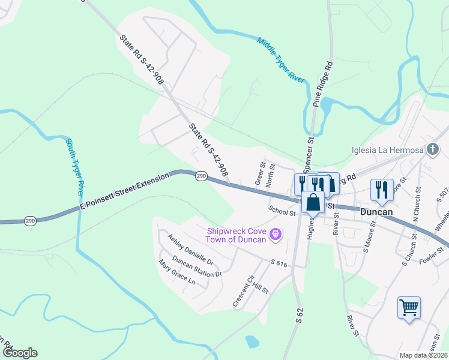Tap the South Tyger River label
(x=74, y=167)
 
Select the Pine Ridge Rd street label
(x=322, y=84)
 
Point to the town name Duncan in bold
(x=376, y=212)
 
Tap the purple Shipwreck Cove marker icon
(x=276, y=234)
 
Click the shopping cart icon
(x=409, y=308)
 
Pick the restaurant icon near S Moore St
(x=382, y=190)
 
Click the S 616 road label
(x=280, y=263)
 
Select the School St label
(x=283, y=212)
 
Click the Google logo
(x=19, y=353)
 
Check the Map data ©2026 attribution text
(x=424, y=355)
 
